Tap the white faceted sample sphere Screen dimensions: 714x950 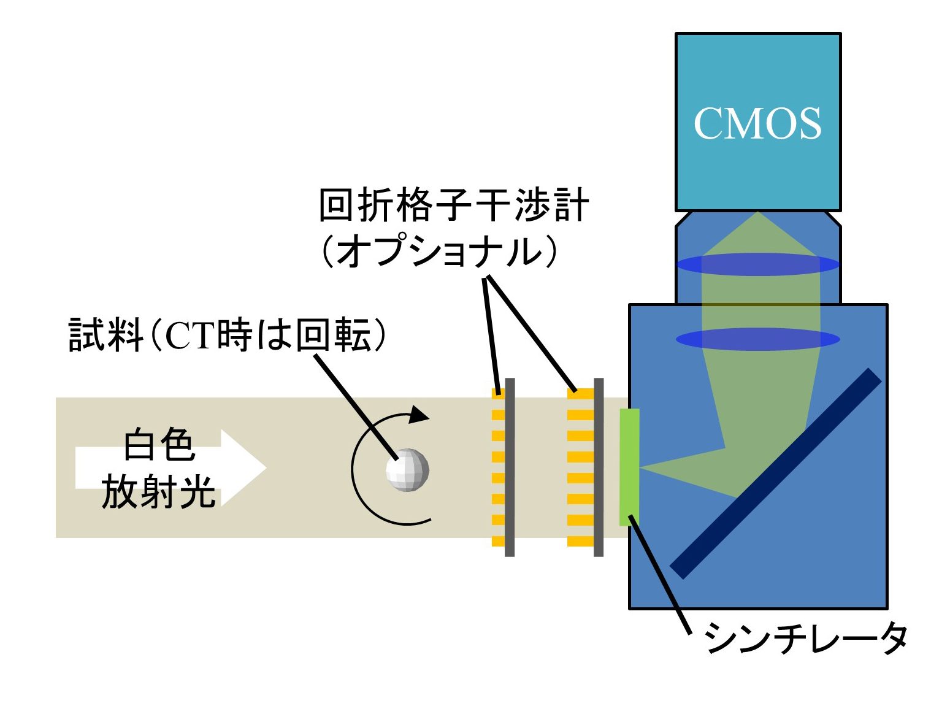point(407,470)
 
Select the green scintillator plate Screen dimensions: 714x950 point(629,467)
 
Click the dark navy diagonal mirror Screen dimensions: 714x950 point(776,473)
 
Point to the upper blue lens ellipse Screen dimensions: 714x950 point(757,264)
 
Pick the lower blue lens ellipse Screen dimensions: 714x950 point(757,339)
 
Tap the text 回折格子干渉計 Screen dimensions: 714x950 point(454,205)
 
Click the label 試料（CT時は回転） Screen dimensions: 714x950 point(228,335)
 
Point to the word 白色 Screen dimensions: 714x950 point(159,445)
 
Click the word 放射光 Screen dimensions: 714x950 point(159,491)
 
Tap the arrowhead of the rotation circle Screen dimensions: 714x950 point(419,415)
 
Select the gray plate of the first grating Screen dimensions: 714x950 point(510,467)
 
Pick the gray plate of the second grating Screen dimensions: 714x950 point(599,467)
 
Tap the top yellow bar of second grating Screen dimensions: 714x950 point(580,394)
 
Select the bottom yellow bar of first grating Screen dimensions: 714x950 point(498,541)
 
